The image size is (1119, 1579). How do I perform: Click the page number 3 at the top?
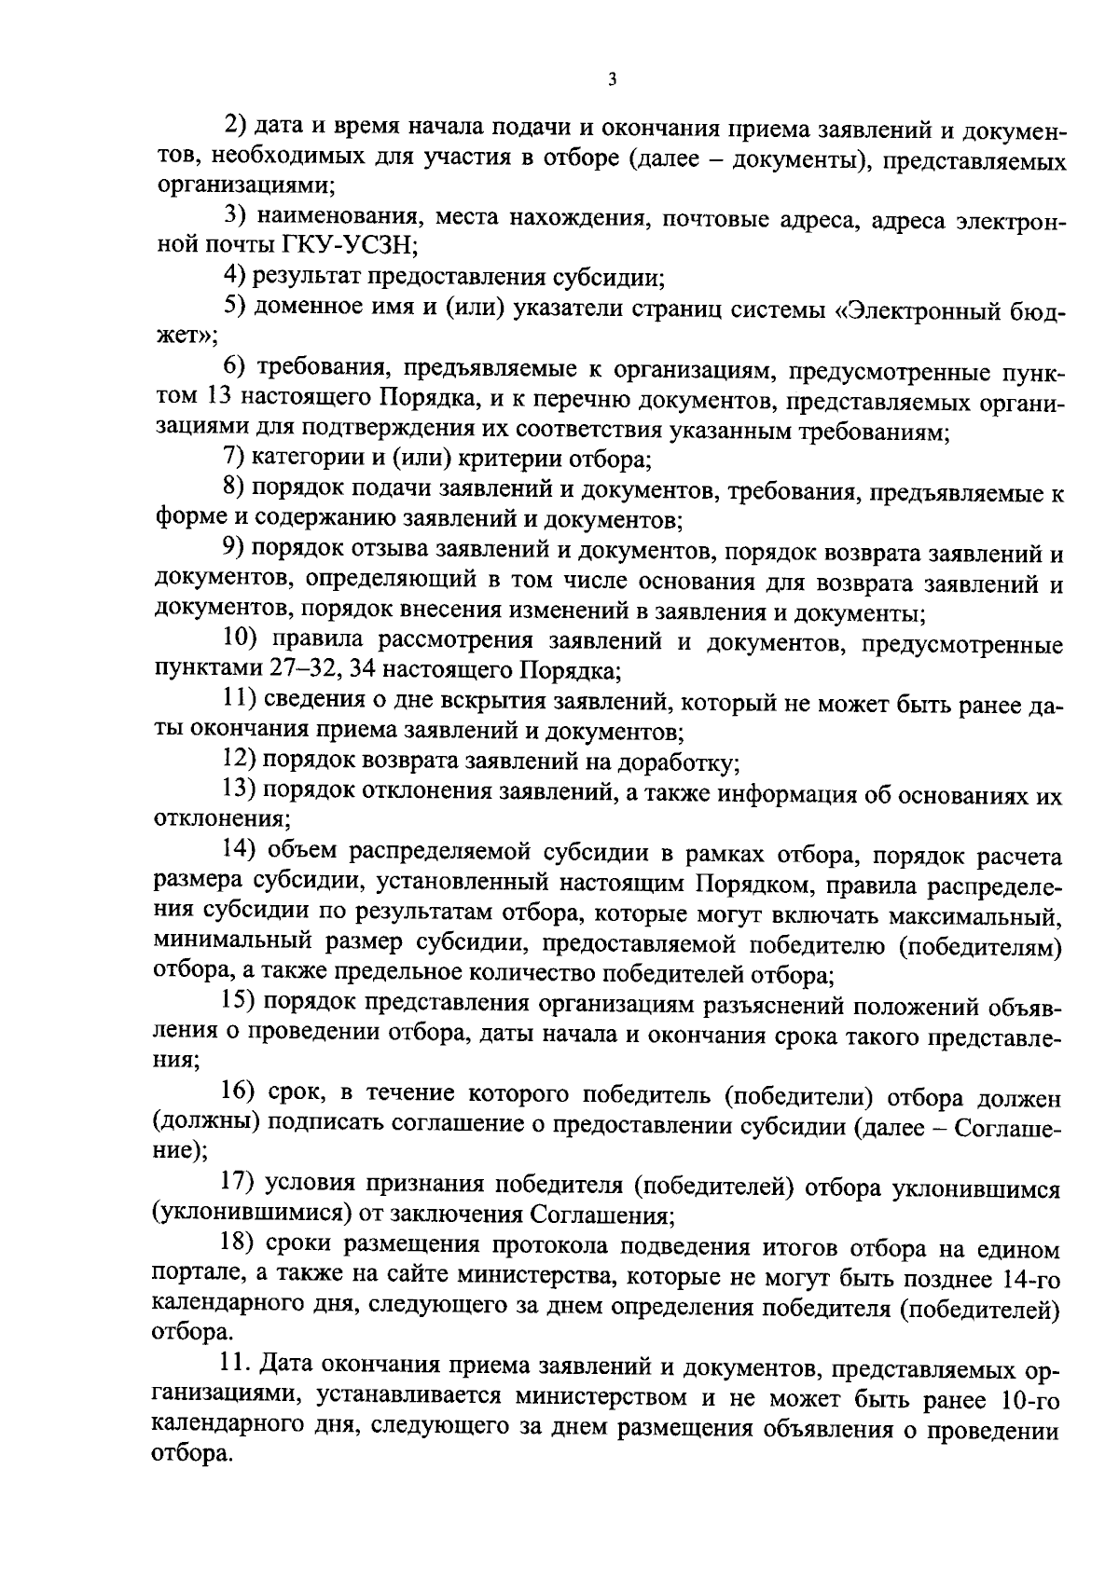point(611,81)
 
